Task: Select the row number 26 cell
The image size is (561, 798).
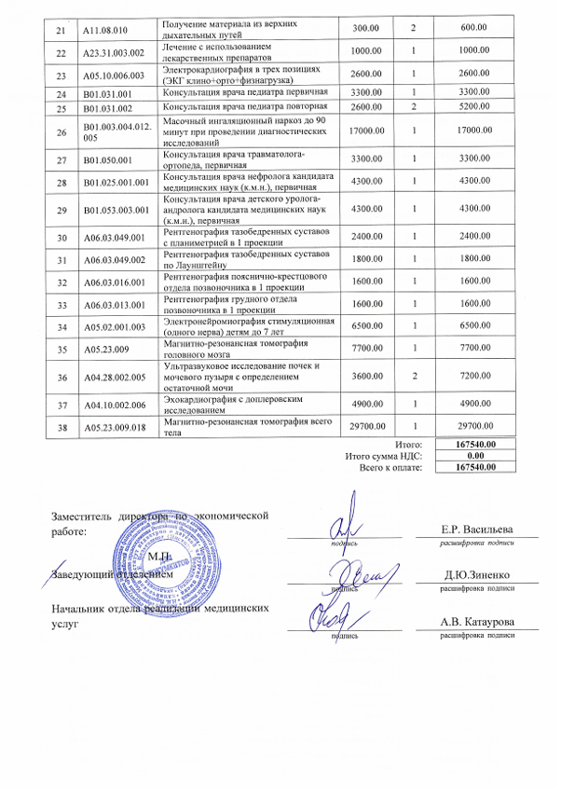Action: tap(61, 132)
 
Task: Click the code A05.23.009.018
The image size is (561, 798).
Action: tap(110, 426)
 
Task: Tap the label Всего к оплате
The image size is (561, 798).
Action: tap(390, 467)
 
